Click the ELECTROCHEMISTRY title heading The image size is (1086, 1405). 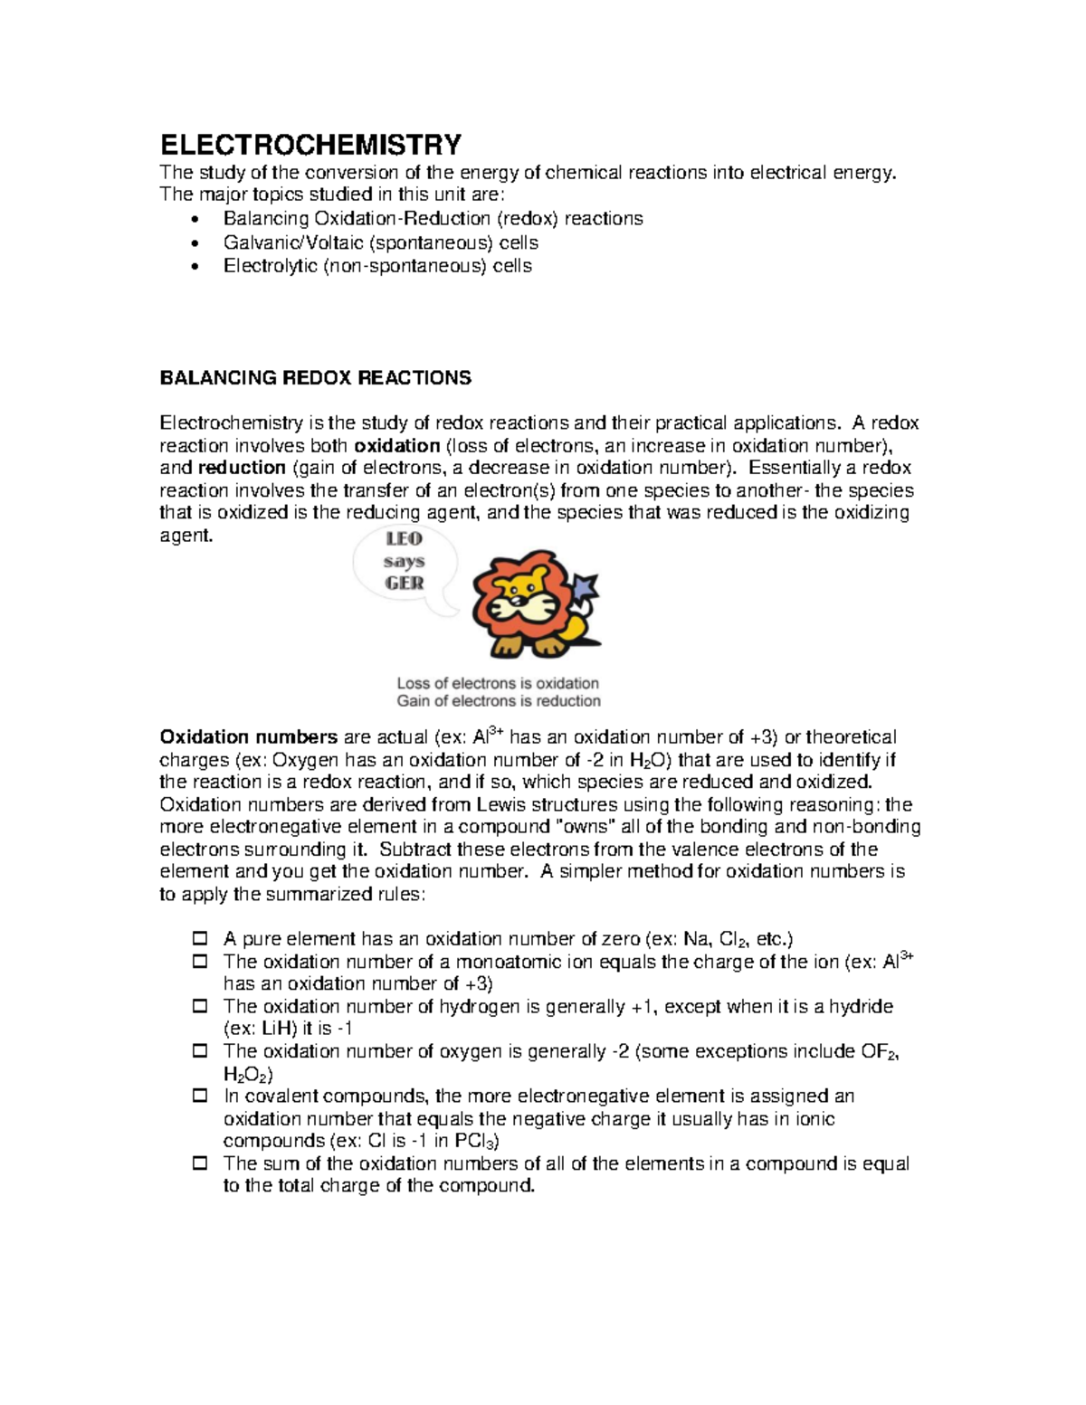310,145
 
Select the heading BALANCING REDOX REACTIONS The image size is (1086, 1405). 315,378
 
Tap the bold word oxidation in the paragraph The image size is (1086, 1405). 396,446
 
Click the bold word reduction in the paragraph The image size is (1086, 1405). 242,468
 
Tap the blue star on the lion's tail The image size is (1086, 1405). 589,587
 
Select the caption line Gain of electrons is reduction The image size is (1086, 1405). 499,701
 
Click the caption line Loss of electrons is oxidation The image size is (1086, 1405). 498,683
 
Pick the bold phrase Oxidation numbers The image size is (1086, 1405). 248,737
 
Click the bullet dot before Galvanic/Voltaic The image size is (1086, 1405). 197,243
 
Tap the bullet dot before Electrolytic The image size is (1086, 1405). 197,267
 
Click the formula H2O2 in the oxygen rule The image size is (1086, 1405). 246,1075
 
